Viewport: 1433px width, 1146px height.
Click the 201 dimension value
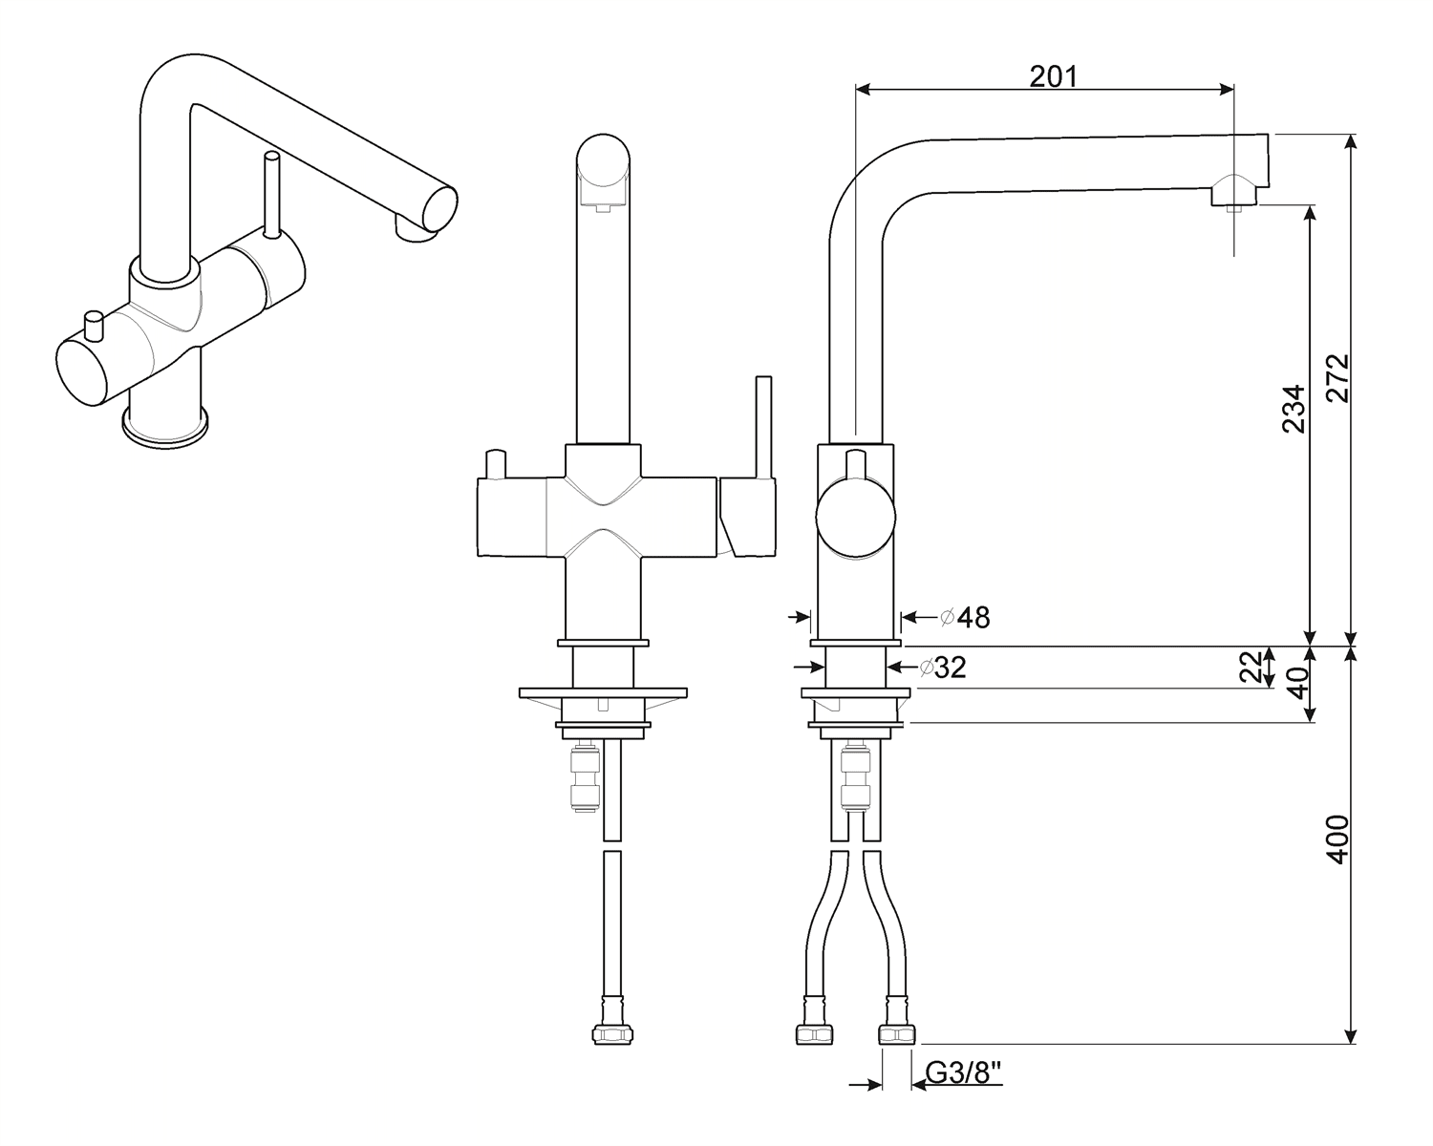1053,76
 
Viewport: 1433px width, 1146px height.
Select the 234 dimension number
1294,409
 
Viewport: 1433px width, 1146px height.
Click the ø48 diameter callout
965,618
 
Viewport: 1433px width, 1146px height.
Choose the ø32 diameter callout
942,668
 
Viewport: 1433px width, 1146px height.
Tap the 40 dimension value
1295,684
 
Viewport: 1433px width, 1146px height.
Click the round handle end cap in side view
856,518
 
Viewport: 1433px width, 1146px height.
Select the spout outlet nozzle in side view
1233,197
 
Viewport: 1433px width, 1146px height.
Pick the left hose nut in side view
815,1034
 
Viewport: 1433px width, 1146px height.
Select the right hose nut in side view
896,1034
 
